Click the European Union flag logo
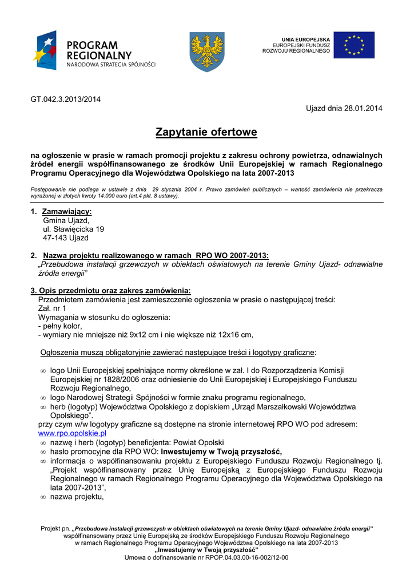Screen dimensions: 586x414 [354, 45]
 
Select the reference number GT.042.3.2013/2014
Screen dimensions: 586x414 [65, 99]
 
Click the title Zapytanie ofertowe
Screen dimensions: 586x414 [206, 133]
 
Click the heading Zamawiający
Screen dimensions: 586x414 [67, 212]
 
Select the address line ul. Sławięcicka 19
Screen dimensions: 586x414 [73, 229]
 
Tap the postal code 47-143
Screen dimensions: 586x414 [54, 237]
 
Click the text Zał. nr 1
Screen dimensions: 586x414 [52, 308]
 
